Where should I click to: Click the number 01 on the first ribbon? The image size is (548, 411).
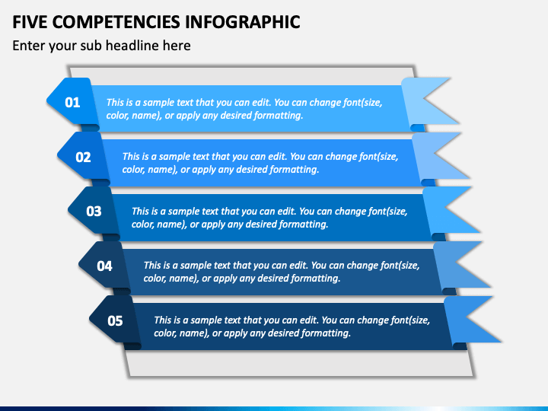tap(72, 102)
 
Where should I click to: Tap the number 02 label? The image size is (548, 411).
tap(83, 158)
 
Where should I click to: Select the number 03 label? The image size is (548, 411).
tap(94, 212)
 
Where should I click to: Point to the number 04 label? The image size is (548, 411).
tap(104, 266)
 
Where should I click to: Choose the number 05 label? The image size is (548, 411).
tap(115, 320)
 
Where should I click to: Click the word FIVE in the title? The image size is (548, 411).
tap(30, 21)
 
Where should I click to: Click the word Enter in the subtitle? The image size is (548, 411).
tap(30, 46)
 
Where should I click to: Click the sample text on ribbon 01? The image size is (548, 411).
tap(244, 109)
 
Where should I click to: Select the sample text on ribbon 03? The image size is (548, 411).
tap(269, 218)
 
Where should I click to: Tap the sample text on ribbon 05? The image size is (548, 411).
tap(292, 327)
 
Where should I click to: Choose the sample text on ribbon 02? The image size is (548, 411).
tap(260, 163)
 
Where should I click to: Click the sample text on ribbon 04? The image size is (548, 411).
tap(281, 272)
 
